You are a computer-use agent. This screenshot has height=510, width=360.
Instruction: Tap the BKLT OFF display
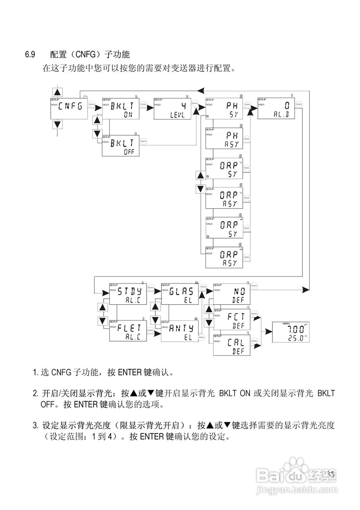point(121,146)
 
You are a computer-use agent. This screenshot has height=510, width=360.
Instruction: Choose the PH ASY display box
point(224,138)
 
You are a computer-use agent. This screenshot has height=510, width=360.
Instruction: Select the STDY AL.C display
point(128,294)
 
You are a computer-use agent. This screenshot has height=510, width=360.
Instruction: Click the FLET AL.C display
point(128,331)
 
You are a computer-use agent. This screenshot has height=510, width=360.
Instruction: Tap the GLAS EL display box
point(180,294)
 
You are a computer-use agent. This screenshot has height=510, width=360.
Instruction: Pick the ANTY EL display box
point(180,331)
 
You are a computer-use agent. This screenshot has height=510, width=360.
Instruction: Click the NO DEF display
point(232,294)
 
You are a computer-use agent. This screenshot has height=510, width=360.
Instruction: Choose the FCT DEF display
point(232,320)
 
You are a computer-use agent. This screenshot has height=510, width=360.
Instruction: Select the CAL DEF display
point(232,345)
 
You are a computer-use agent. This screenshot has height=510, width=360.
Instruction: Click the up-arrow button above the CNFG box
point(58,92)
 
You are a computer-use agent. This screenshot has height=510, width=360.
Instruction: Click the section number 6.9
point(30,54)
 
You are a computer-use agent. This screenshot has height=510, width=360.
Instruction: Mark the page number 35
point(330,474)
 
